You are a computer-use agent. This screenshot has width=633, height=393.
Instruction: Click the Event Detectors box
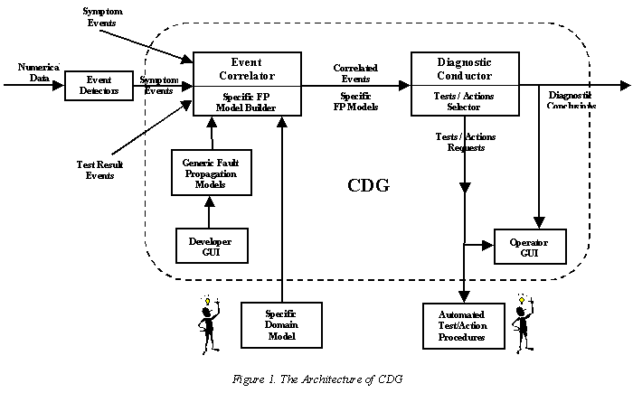(92, 86)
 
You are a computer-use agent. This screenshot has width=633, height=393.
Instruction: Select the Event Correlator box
(247, 84)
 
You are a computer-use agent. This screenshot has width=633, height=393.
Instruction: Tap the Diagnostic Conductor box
(465, 84)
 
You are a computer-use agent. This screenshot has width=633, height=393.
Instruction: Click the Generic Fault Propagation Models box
(209, 172)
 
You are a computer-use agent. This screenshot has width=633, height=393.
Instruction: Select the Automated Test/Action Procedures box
(465, 325)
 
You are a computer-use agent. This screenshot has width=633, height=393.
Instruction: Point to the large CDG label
(369, 187)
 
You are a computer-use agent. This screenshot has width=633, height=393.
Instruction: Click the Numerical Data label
(35, 72)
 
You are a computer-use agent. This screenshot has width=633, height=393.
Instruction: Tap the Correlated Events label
(355, 73)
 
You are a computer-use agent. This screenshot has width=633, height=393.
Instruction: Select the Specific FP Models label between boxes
(354, 101)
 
